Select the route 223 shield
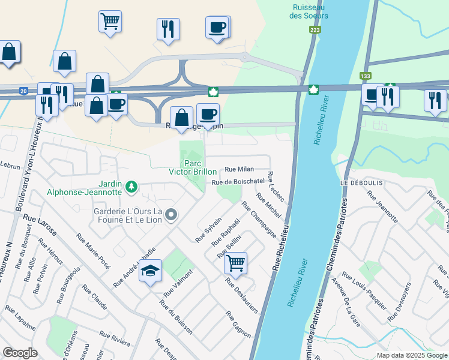315,29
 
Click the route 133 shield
365,76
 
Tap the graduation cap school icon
151,271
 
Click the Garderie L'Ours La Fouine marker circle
172,214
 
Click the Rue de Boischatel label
238,181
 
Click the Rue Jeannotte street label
382,207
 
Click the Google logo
20,353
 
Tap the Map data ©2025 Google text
412,355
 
